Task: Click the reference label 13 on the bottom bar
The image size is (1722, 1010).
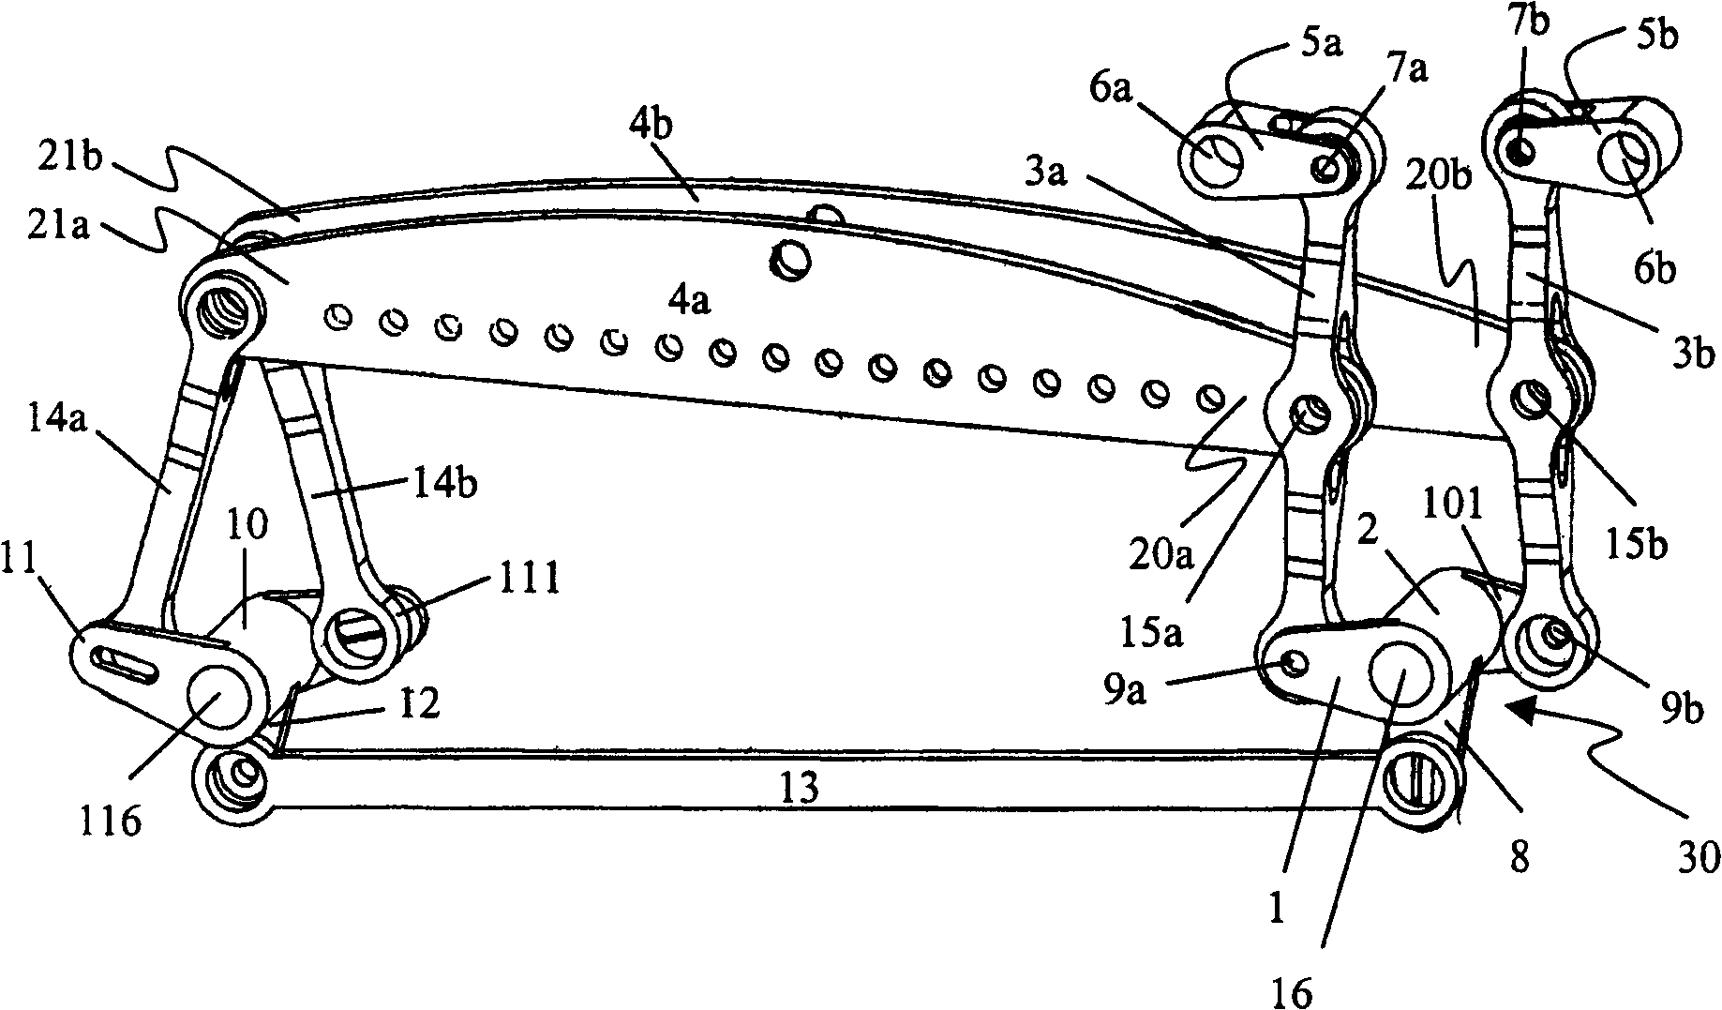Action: tap(799, 787)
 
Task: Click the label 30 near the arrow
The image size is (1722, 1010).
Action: tap(1696, 858)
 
